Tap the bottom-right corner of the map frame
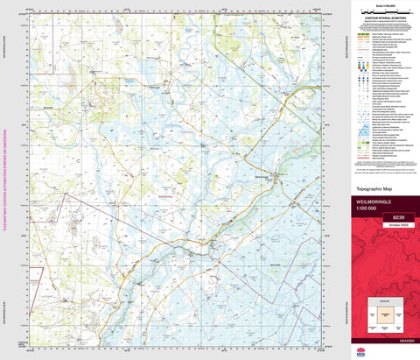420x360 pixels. pyautogui.click(x=334, y=347)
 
